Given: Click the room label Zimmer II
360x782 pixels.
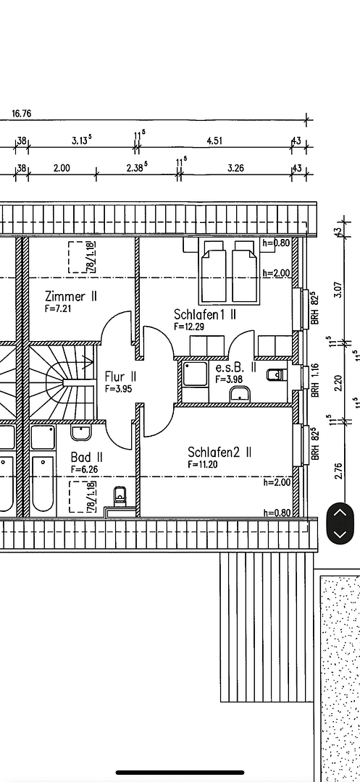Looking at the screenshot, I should [71, 296].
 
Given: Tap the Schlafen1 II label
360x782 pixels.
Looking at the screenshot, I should [205, 315].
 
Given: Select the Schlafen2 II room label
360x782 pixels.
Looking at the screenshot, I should [219, 452].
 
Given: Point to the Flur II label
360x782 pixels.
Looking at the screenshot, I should [120, 377].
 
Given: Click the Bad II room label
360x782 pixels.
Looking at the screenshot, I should [86, 458].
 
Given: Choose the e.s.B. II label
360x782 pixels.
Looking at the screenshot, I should [235, 368].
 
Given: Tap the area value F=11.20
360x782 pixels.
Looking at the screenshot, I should [203, 464].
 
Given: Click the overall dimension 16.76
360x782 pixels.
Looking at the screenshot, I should [22, 114].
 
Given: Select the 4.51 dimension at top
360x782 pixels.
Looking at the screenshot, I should [214, 141].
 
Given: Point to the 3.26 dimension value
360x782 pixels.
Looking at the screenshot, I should [235, 168].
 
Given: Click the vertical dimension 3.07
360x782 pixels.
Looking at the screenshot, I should [338, 290].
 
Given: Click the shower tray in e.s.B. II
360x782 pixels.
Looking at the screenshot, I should [196, 374].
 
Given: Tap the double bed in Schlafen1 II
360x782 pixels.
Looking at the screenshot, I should [229, 273].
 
